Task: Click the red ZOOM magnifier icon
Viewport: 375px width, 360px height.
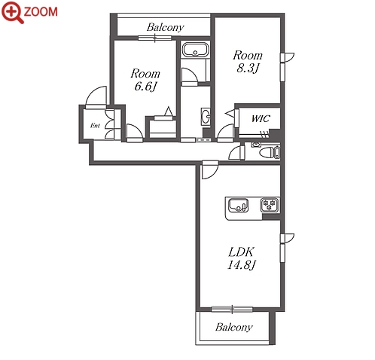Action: pos(12,12)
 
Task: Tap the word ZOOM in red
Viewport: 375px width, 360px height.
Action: pos(41,12)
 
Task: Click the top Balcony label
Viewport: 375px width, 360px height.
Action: pos(166,27)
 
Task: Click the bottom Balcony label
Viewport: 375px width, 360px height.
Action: pos(234,327)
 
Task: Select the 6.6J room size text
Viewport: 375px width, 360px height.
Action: pos(145,87)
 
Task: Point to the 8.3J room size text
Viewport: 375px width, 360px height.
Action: pos(248,68)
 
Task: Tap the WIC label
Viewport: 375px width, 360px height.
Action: pos(261,118)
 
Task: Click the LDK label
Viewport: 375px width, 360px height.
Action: pos(241,252)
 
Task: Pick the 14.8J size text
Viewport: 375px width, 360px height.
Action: pos(241,265)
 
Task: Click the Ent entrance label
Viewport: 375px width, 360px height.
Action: pos(95,125)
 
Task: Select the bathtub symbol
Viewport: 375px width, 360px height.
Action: pos(195,50)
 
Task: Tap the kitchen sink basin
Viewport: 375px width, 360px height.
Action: pos(238,206)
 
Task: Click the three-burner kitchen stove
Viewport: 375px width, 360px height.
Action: pos(270,205)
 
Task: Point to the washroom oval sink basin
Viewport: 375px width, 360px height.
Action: pos(206,117)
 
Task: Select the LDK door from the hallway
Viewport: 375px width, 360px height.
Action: pos(210,170)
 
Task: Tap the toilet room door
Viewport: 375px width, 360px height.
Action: pos(236,153)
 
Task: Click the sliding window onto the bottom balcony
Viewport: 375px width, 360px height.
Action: pos(232,309)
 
